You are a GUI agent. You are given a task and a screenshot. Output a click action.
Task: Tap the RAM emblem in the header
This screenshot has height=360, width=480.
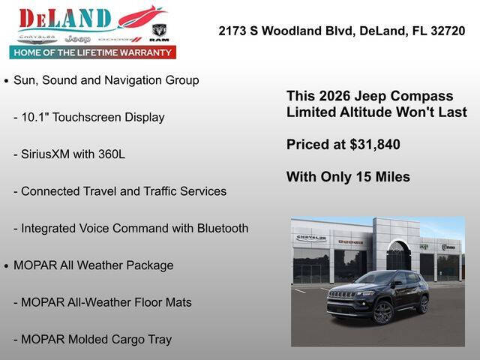pyautogui.click(x=159, y=32)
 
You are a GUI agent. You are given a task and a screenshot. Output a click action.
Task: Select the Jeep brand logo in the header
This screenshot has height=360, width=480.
pyautogui.click(x=77, y=38)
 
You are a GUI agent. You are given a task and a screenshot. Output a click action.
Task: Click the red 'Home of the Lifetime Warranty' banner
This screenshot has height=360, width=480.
pyautogui.click(x=93, y=52)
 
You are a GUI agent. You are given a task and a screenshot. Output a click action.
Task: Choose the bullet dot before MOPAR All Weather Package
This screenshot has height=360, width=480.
pyautogui.click(x=7, y=266)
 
